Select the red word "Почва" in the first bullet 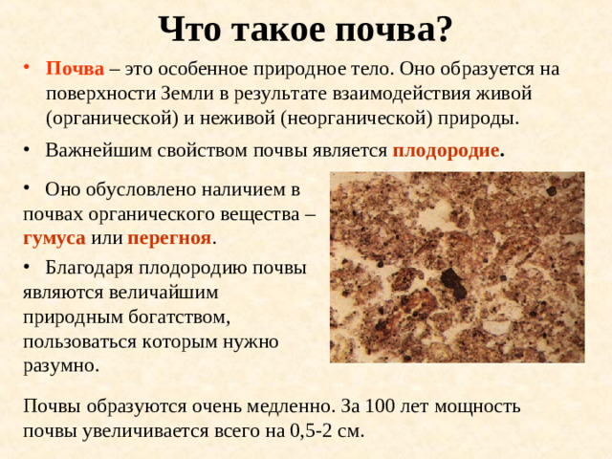pos(75,70)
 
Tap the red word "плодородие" pos(446,151)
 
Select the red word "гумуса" pos(54,236)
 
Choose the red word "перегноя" pos(168,236)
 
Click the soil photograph pos(456,267)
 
